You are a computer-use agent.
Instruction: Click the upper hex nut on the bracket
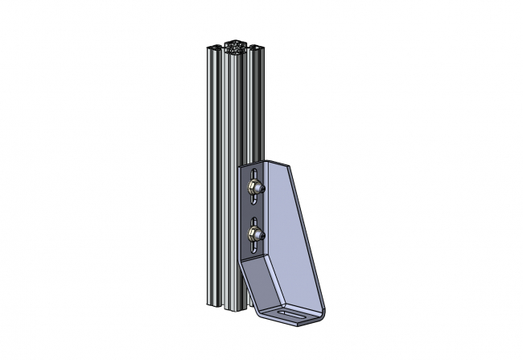click(x=252, y=188)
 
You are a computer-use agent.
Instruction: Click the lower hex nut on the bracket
click(x=252, y=235)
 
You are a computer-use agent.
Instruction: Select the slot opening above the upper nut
click(x=255, y=174)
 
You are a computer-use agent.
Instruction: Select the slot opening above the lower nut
click(x=255, y=221)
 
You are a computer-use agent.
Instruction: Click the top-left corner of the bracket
click(x=240, y=165)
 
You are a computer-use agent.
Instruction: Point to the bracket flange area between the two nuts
click(x=253, y=211)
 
